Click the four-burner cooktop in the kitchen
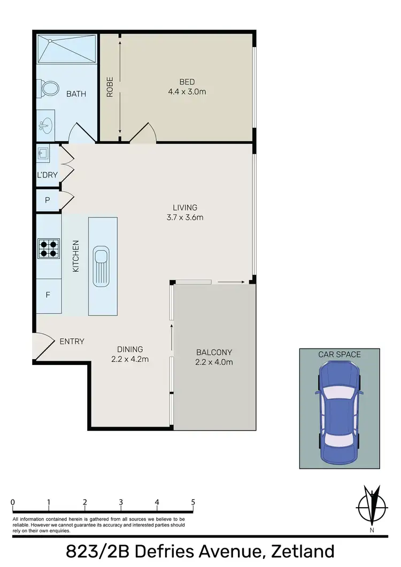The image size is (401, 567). (x=48, y=248)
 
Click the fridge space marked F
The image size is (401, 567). (x=48, y=294)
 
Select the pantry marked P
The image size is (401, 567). (x=48, y=200)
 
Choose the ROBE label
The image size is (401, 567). (x=110, y=88)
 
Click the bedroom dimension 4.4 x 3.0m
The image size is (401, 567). (x=187, y=91)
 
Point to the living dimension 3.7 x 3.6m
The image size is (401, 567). (x=185, y=217)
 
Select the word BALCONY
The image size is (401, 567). (x=214, y=352)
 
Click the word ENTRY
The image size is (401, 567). (x=72, y=341)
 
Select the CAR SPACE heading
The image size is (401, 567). (x=340, y=354)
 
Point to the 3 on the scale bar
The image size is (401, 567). (x=121, y=502)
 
